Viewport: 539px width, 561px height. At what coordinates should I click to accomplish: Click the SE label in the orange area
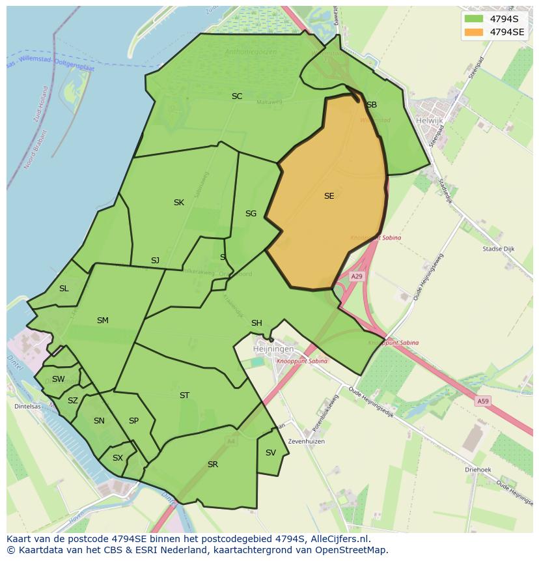point(329,195)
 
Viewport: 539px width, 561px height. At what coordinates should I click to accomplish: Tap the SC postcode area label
point(237,96)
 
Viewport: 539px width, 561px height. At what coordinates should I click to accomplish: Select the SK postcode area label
point(179,203)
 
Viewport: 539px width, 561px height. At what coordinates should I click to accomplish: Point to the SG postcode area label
point(251,213)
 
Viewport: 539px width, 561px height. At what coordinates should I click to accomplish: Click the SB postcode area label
point(372,104)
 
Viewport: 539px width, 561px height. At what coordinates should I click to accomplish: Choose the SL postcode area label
point(64,289)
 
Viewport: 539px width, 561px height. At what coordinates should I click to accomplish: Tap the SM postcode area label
point(102,320)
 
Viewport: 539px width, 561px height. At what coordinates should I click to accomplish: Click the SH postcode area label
point(256,323)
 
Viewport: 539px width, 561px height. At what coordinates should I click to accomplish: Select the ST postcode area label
point(184,396)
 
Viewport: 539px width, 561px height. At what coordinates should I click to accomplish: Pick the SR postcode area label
point(213,465)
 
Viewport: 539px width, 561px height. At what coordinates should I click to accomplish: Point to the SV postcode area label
point(271,453)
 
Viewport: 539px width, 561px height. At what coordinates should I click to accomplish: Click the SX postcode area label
point(117,458)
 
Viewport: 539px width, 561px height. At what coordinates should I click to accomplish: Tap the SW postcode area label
point(59,379)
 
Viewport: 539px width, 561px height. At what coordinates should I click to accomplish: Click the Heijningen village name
point(272,350)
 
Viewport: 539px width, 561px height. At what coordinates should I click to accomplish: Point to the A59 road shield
point(482,401)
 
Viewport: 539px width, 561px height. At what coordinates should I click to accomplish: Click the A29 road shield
point(357,276)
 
